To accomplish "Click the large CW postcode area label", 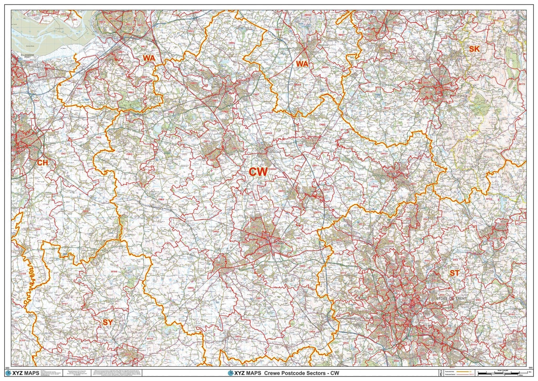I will tap(258, 172).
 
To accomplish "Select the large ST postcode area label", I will tap(454, 273).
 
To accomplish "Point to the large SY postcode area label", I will tap(107, 322).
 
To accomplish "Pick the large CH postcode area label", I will tap(42, 163).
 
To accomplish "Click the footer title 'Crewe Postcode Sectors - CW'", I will tap(301, 373).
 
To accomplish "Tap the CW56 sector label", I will tap(216, 232).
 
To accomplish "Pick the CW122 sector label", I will tap(384, 154).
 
